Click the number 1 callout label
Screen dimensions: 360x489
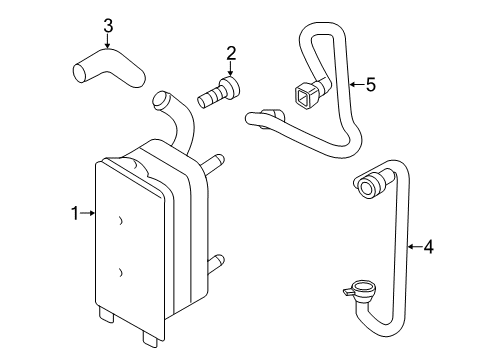pos(74,212)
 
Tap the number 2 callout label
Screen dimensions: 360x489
pos(231,53)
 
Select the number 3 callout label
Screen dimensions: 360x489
pos(108,24)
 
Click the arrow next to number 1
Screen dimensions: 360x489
pos(88,212)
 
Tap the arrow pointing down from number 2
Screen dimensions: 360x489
pos(231,70)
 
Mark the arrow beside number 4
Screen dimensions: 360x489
pos(414,243)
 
